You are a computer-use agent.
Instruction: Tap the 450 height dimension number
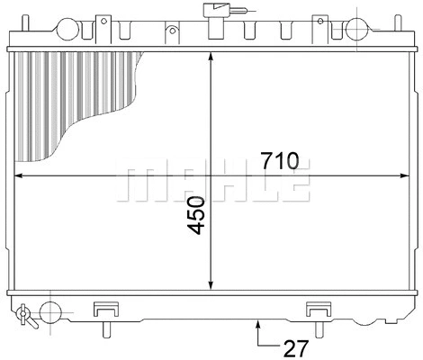(196, 216)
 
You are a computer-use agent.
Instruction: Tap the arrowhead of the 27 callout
(260, 322)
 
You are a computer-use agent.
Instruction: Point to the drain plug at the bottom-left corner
(24, 314)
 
